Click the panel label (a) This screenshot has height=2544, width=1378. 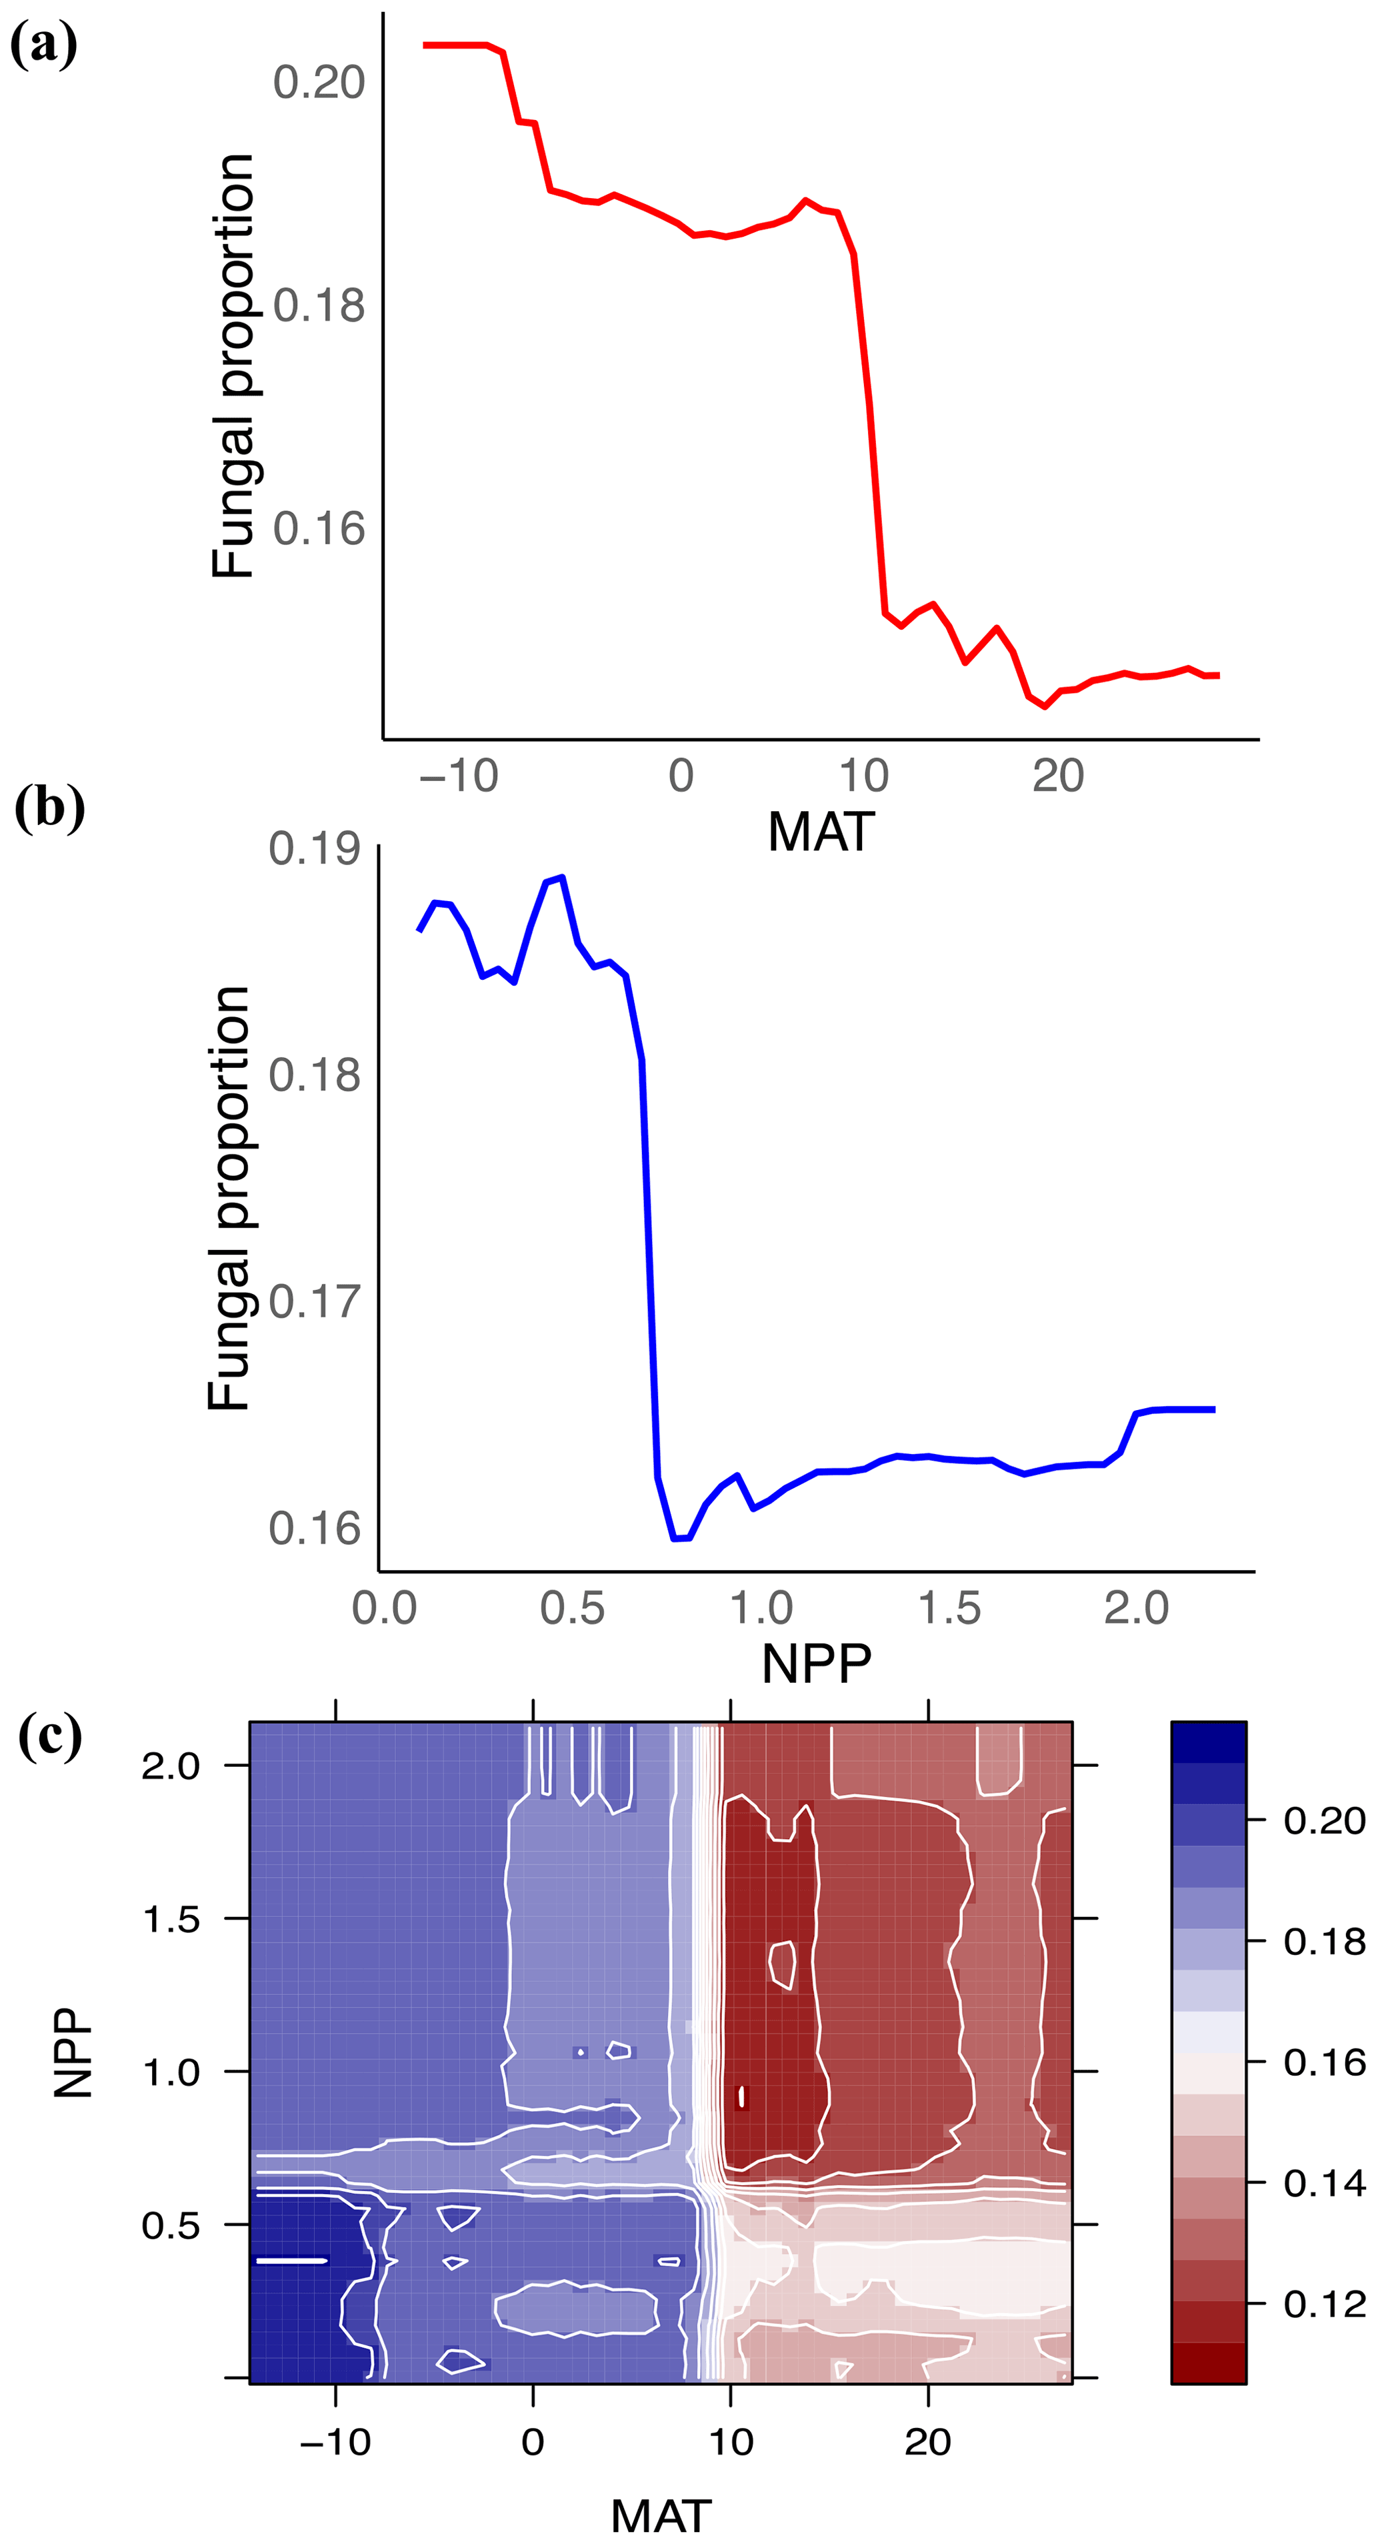click(43, 45)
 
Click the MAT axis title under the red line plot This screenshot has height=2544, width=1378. click(820, 832)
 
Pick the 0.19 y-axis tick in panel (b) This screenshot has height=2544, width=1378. click(315, 849)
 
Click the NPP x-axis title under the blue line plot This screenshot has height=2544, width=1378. click(817, 1664)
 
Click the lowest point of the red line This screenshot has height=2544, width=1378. click(1045, 707)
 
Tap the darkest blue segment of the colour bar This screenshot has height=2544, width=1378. click(1208, 1742)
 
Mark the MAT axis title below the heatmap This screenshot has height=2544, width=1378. click(661, 2517)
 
